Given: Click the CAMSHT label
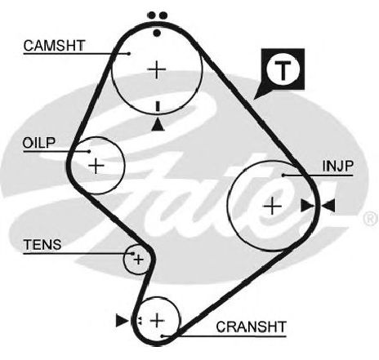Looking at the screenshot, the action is click(x=55, y=46).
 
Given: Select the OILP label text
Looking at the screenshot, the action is click(x=39, y=143).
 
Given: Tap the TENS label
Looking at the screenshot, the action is click(x=42, y=245).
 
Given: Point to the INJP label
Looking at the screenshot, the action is click(x=338, y=166).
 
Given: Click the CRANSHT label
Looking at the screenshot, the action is click(x=251, y=327).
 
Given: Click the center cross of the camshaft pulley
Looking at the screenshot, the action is click(x=157, y=70).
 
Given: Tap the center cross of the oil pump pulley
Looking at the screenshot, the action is click(x=96, y=166).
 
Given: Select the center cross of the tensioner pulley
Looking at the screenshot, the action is click(x=138, y=260).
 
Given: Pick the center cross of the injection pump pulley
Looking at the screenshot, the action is click(x=273, y=206).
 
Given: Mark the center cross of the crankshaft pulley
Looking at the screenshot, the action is click(x=158, y=320).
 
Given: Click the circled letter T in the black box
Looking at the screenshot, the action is click(x=283, y=70).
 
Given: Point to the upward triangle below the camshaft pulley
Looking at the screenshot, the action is click(x=158, y=125).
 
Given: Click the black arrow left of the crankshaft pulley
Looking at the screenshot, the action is click(x=122, y=320).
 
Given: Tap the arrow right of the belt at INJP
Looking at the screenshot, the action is click(x=328, y=206).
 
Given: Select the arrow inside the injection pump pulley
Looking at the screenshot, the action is click(x=307, y=206).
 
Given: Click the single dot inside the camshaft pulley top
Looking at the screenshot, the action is click(x=157, y=33).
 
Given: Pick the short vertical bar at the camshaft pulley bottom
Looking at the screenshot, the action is click(x=158, y=106).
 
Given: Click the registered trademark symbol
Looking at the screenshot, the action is click(x=371, y=218).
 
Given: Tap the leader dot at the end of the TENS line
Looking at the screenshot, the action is click(x=133, y=254).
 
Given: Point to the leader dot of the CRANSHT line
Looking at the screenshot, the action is click(x=163, y=336).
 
